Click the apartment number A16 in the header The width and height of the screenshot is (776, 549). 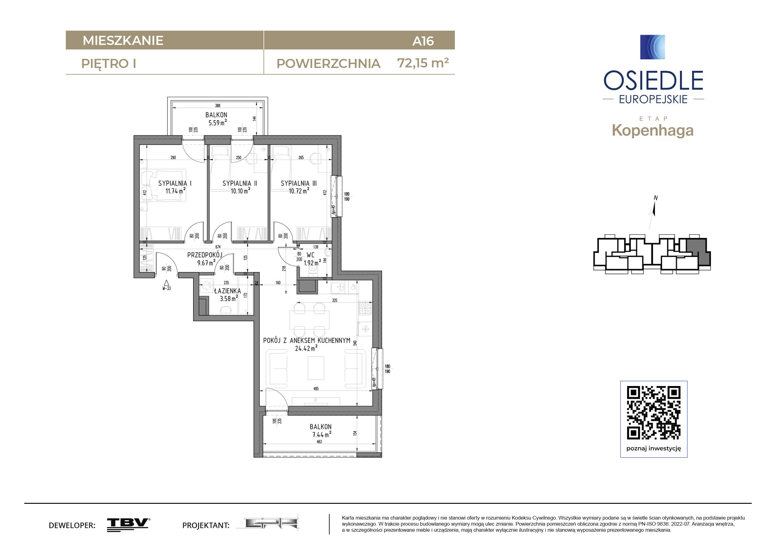click(423, 41)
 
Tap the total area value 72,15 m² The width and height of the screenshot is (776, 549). click(423, 63)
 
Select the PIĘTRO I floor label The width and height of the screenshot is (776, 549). click(109, 64)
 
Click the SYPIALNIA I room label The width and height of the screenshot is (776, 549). click(175, 183)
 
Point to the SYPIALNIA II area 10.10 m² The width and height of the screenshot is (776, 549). click(240, 191)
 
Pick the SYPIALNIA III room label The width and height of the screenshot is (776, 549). click(299, 183)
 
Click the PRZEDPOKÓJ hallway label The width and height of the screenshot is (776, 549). click(205, 255)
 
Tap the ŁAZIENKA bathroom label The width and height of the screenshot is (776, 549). click(227, 290)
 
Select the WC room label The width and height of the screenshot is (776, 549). click(310, 255)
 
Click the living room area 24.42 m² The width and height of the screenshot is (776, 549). click(306, 348)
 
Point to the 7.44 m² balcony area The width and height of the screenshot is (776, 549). click(321, 434)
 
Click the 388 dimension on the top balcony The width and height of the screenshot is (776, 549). click(218, 106)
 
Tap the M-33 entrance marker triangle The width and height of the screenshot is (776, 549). click(166, 283)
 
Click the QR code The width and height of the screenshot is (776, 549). click(654, 413)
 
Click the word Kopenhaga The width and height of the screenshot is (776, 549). click(653, 130)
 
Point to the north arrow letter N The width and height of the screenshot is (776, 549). click(656, 198)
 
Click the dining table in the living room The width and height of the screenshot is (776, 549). click(309, 319)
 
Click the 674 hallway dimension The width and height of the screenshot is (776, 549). click(218, 247)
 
